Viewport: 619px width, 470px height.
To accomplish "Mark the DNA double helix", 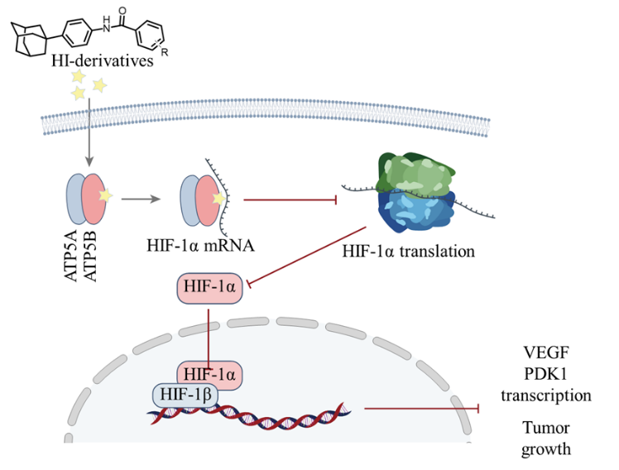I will click(248, 410).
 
